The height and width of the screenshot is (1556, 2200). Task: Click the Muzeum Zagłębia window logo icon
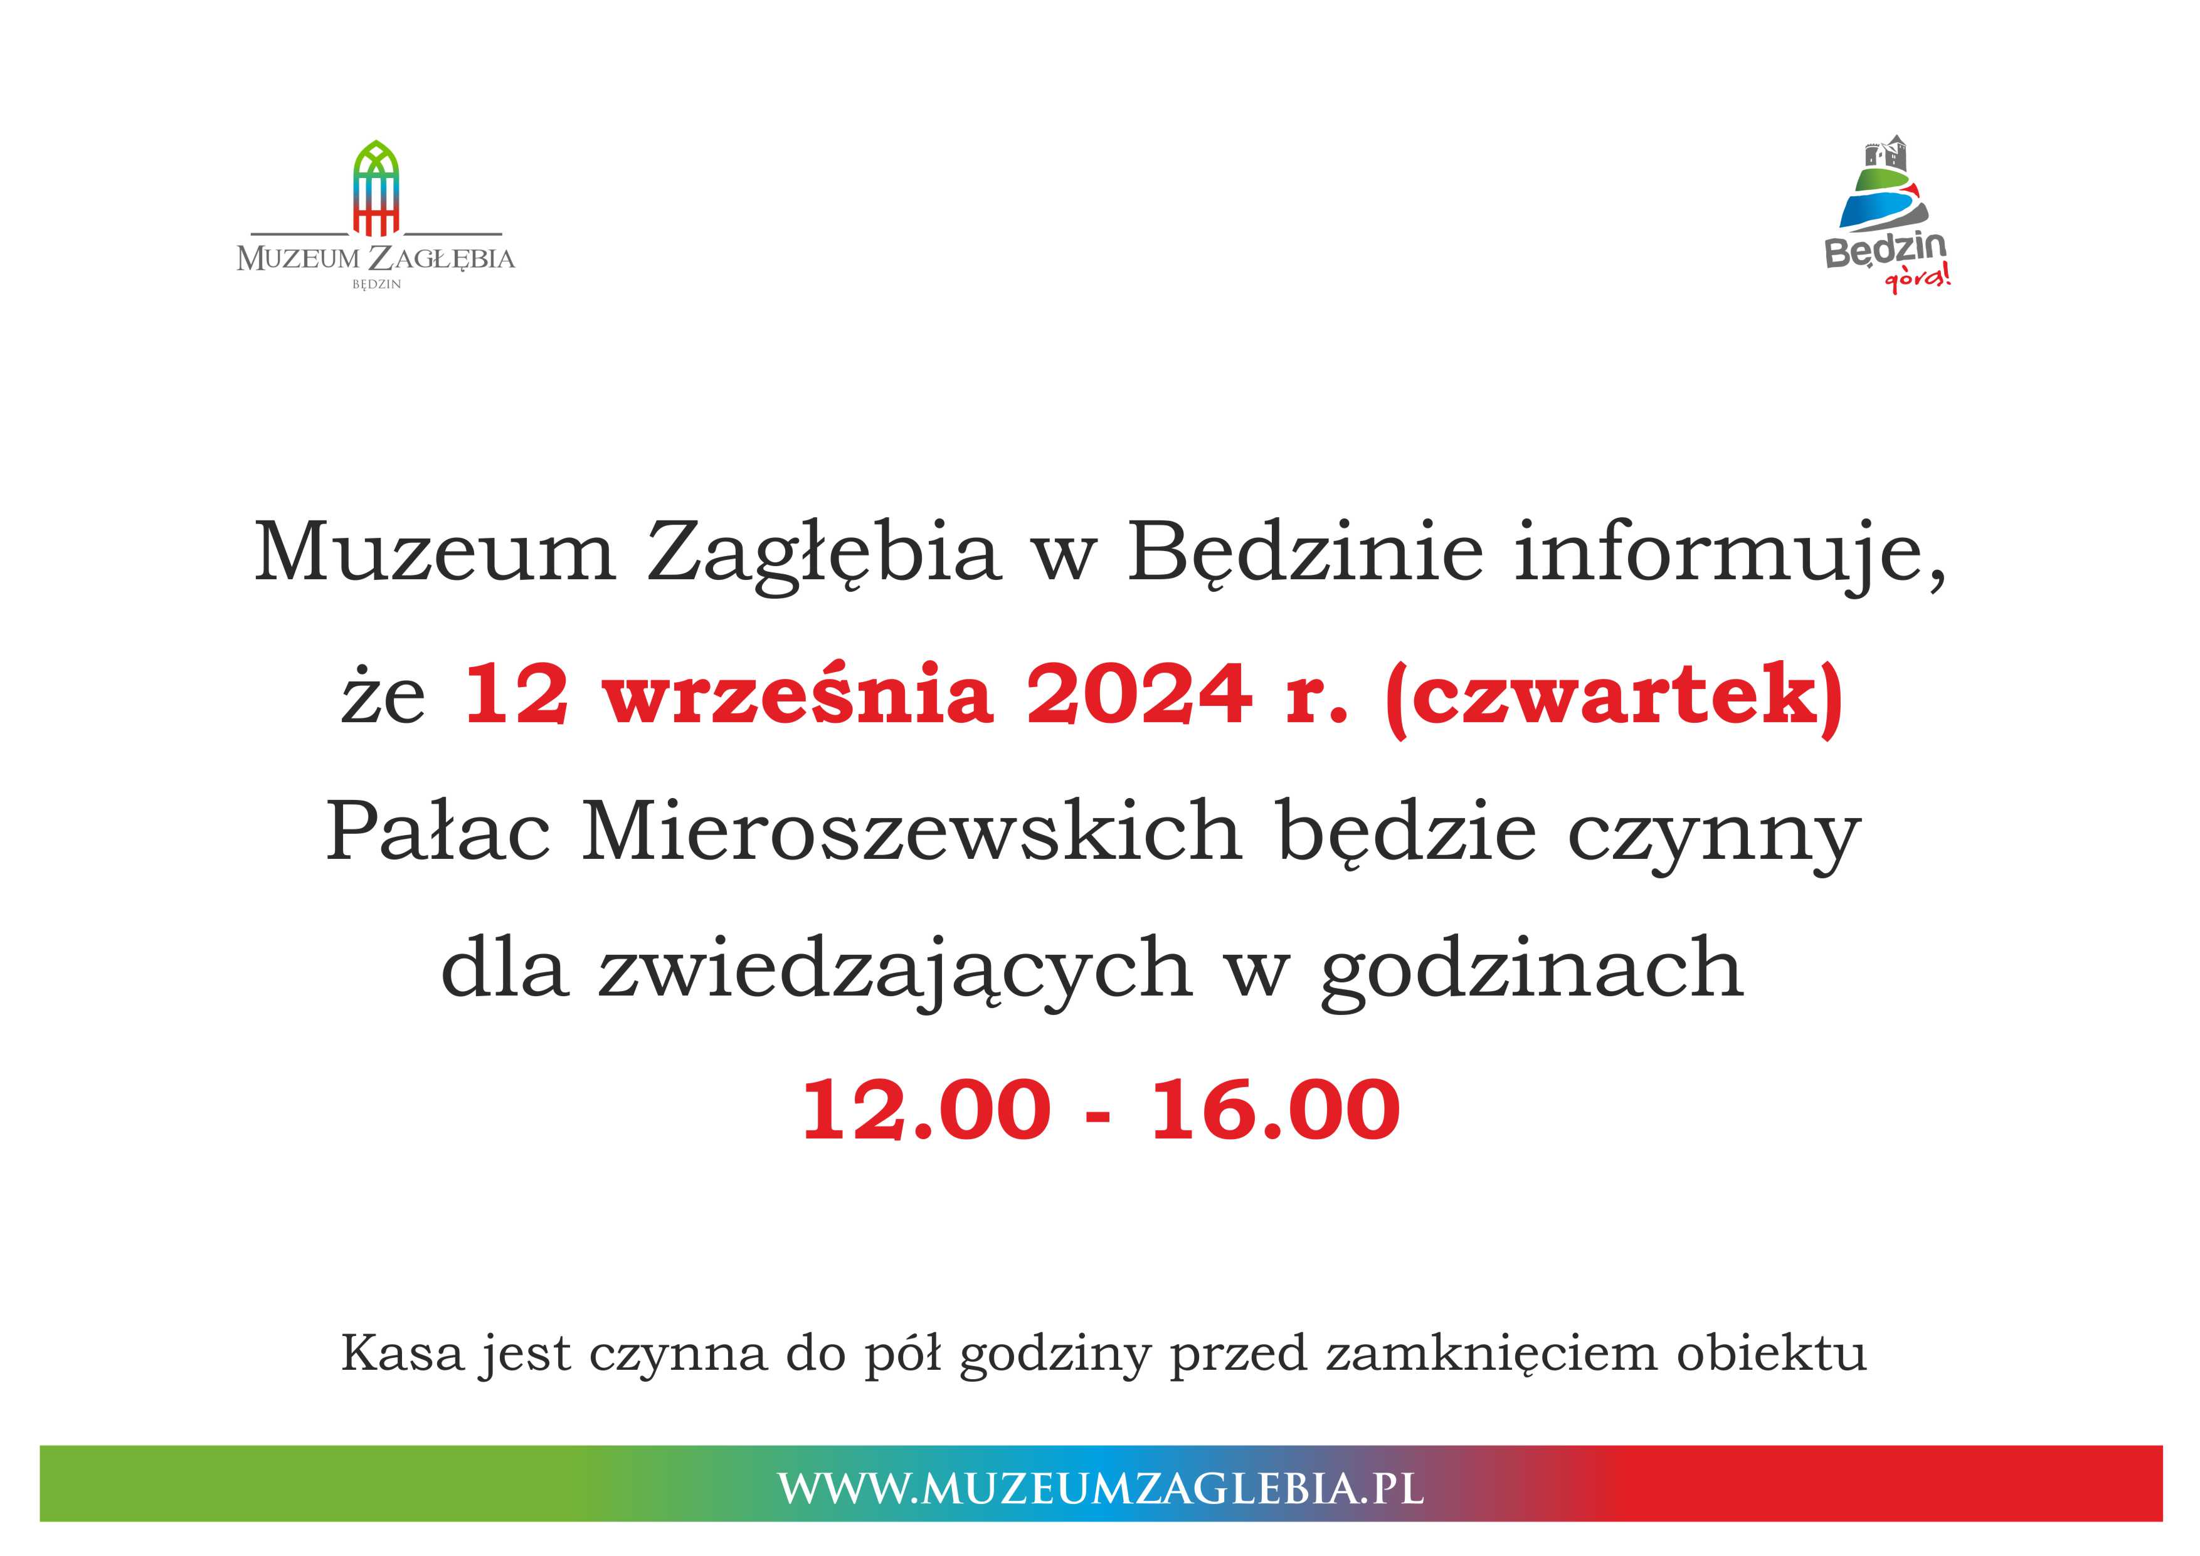point(376,188)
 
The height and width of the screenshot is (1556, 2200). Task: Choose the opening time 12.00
point(926,1110)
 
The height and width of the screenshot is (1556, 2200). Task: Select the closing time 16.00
point(1276,1110)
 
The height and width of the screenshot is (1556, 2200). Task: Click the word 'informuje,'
point(1730,555)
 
